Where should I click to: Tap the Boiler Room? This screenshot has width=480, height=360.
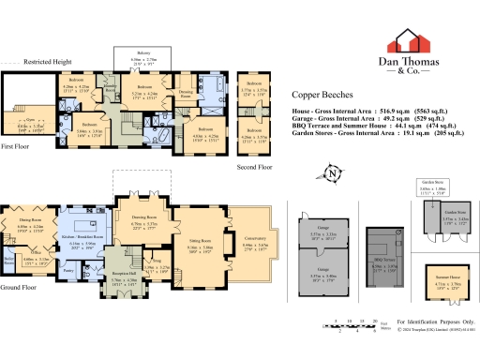click(x=9, y=257)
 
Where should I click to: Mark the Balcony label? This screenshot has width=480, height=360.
click(x=141, y=54)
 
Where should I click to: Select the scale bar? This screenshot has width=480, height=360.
click(x=352, y=323)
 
